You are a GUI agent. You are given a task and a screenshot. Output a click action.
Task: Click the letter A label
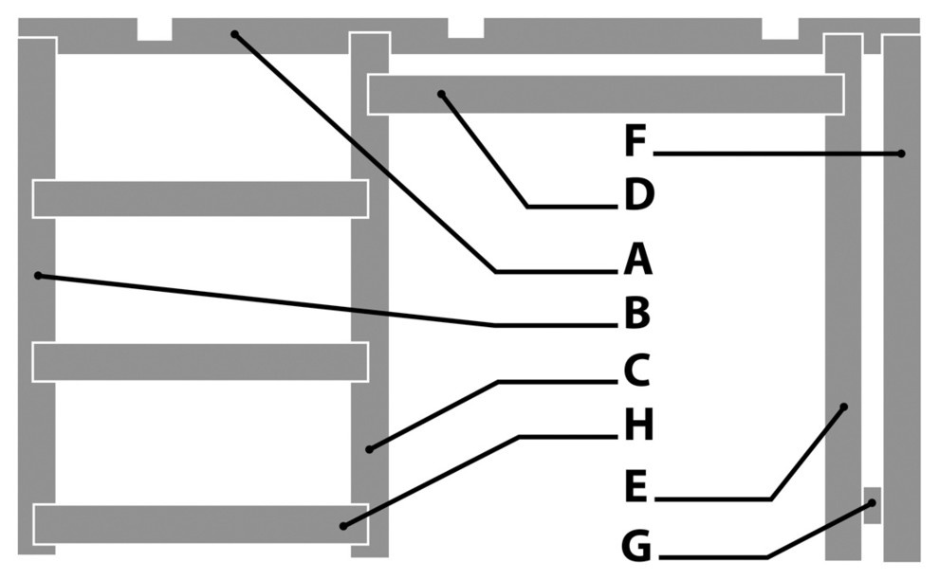[637, 259]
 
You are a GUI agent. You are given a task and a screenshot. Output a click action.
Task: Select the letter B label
[636, 314]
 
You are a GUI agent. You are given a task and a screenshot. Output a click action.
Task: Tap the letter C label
[635, 370]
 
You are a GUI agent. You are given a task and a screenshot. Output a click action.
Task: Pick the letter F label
[635, 142]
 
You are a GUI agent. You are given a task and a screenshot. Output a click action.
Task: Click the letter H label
[638, 426]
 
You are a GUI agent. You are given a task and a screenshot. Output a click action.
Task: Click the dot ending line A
[234, 34]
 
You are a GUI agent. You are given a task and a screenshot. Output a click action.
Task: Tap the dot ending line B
[38, 276]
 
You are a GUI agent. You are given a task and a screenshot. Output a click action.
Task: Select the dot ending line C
[369, 448]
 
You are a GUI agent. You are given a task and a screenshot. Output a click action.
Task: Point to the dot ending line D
[441, 93]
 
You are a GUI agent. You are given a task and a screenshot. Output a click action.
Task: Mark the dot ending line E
[843, 407]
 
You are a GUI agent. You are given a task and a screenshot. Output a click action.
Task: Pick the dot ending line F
[901, 154]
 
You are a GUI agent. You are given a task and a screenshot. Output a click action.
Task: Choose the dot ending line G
[871, 503]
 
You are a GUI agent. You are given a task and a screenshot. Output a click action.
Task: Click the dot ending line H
[343, 526]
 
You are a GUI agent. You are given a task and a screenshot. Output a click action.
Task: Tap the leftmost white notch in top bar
[155, 29]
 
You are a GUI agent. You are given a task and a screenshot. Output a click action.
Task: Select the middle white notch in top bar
[466, 28]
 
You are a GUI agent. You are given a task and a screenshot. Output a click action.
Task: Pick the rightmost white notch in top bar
[780, 29]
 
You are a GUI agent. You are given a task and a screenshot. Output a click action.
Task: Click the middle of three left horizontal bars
[200, 361]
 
